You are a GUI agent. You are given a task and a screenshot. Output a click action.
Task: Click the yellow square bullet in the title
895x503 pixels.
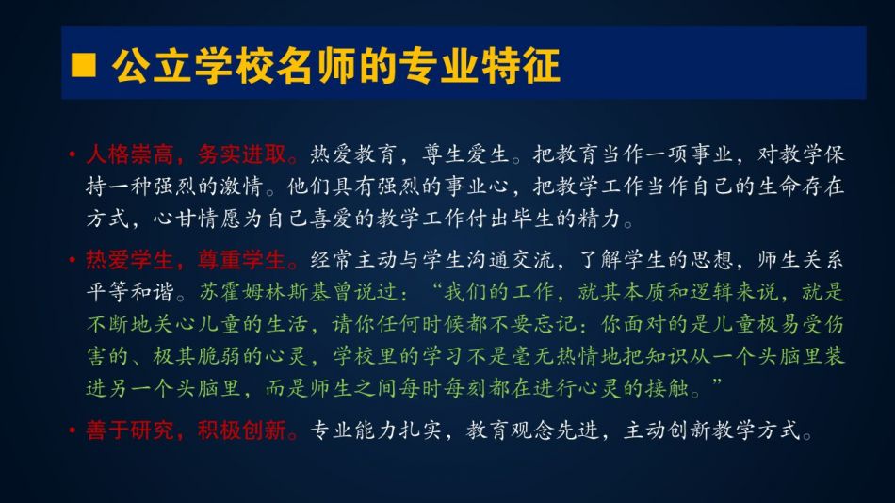83,64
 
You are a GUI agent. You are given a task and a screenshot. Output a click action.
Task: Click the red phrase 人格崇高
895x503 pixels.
130,154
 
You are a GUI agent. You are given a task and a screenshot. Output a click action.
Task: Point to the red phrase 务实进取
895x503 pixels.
242,154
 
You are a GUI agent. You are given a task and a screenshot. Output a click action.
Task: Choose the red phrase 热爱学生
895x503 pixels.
130,260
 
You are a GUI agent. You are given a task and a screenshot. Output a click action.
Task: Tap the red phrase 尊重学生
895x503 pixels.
242,260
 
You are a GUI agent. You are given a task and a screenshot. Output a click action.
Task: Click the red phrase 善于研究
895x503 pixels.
130,430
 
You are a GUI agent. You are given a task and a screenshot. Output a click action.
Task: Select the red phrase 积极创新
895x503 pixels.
242,430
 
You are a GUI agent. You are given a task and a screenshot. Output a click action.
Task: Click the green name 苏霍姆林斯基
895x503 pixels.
265,292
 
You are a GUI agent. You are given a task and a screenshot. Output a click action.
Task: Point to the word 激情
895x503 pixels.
242,187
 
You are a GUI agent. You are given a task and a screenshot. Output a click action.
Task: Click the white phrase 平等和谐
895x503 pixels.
130,292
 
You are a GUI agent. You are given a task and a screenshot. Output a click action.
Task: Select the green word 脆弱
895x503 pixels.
220,356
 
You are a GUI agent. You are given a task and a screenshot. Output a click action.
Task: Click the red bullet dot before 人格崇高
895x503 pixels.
72,154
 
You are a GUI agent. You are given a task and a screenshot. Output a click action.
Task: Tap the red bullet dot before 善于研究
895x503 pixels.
72,430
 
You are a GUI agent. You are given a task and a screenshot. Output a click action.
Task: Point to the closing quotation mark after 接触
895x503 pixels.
717,382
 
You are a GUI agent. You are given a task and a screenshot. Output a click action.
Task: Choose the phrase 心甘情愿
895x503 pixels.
198,219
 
